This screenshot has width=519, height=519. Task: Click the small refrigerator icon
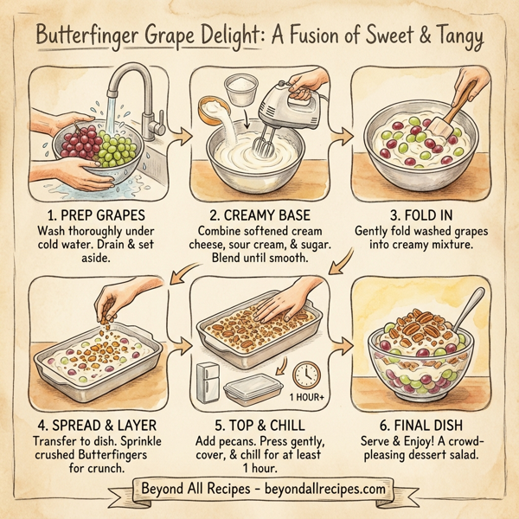[x=209, y=383]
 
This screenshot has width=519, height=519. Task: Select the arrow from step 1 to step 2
[x=182, y=135]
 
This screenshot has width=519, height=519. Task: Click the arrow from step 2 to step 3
[x=342, y=135]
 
